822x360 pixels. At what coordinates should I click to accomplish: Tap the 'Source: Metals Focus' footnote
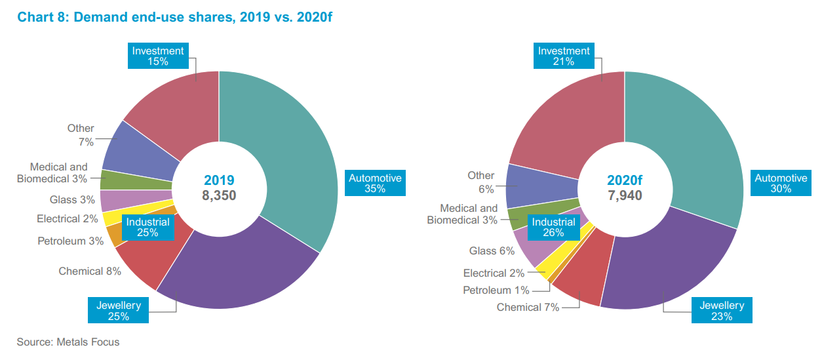point(68,342)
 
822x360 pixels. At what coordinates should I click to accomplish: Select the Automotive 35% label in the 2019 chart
point(375,183)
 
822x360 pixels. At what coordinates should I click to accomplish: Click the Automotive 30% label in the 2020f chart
point(781,183)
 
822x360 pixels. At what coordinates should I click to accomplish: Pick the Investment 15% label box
point(158,56)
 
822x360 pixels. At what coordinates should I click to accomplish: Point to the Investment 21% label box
point(564,56)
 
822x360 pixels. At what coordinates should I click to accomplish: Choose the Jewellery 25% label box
point(119,310)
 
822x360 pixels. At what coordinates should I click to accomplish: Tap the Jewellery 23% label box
point(721,310)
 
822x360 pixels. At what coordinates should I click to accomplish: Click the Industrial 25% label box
point(147,227)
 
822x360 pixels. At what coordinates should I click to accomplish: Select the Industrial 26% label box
point(553,227)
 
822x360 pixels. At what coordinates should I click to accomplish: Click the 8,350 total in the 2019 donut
point(219,195)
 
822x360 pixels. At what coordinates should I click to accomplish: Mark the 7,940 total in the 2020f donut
point(625,195)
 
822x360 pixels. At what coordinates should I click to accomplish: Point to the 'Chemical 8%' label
point(81,271)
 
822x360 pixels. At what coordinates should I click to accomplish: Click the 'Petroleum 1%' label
point(496,290)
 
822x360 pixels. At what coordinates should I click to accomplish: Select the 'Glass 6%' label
point(491,250)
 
